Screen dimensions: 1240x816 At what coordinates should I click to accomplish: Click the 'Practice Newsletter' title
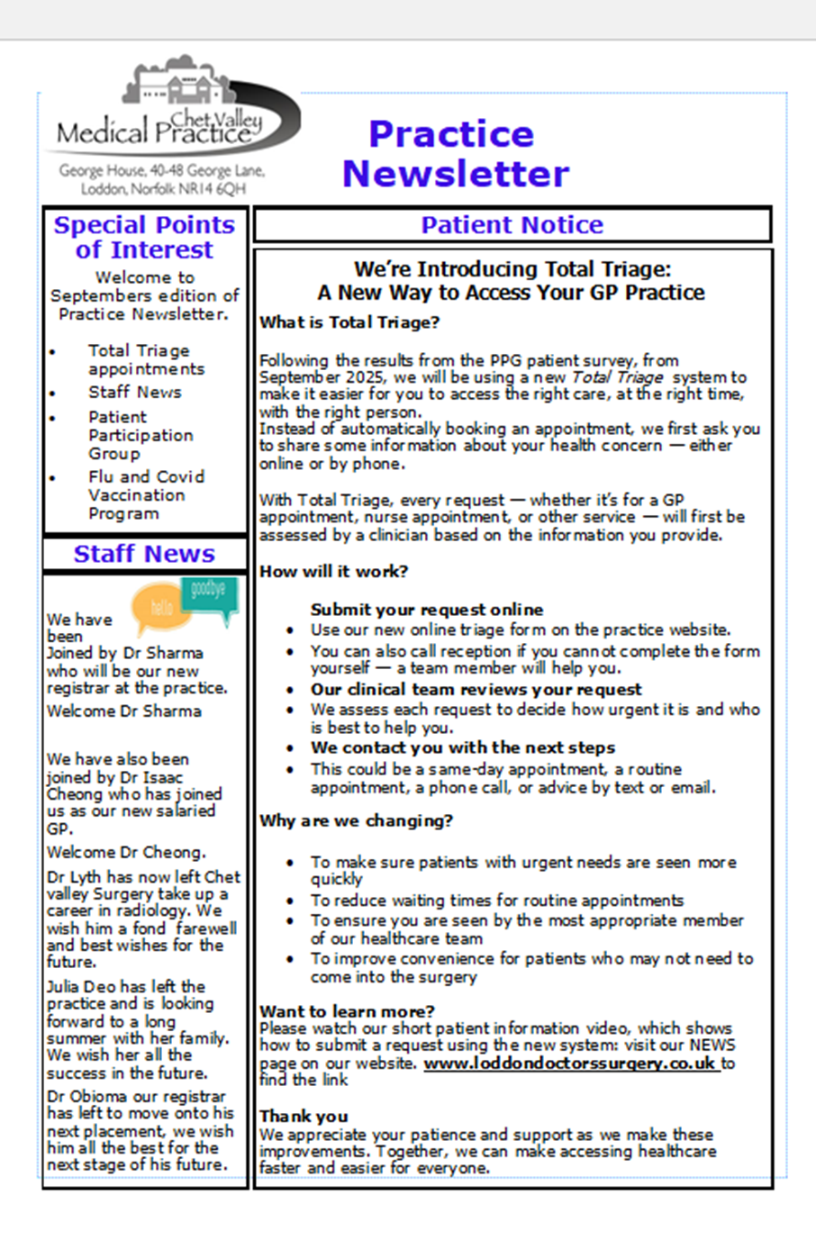tap(455, 153)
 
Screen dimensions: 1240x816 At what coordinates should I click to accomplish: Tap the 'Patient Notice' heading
tap(512, 225)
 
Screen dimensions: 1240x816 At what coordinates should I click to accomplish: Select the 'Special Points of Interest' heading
tap(144, 237)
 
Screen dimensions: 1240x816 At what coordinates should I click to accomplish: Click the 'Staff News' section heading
tap(144, 554)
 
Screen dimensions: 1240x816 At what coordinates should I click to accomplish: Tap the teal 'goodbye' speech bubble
tap(209, 591)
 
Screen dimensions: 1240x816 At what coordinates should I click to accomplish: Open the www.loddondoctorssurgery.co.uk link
tap(570, 1064)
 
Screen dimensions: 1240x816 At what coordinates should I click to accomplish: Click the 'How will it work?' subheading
tap(333, 571)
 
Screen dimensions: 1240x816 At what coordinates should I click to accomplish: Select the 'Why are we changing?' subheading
tap(356, 820)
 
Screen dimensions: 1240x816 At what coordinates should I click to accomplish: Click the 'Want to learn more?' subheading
tap(347, 1011)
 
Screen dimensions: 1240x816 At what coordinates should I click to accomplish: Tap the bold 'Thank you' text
tap(304, 1117)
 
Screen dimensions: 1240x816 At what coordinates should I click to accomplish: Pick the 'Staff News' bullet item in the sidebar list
tap(134, 392)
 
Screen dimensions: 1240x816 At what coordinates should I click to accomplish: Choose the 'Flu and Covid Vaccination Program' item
tap(146, 494)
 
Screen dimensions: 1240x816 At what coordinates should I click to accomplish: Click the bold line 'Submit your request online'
tap(427, 610)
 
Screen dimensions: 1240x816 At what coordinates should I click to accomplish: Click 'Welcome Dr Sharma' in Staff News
tap(124, 711)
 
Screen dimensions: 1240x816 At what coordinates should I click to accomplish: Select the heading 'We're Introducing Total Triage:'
tap(512, 269)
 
